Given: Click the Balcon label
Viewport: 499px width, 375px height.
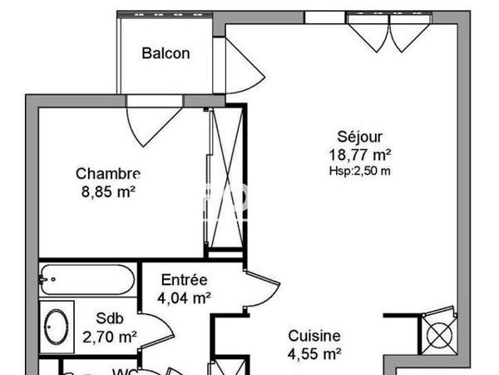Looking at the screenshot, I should [166, 54].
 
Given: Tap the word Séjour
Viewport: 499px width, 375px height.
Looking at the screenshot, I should [356, 137].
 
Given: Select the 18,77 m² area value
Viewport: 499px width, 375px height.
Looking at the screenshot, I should [359, 154].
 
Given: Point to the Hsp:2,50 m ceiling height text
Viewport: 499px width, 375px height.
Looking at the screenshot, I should [359, 171].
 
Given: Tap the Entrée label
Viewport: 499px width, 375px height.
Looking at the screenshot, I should [185, 280].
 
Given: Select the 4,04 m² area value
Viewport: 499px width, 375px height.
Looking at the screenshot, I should [184, 297].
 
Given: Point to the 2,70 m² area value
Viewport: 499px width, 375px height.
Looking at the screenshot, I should [110, 337].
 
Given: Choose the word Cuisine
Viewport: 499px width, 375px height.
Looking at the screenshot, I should [314, 336].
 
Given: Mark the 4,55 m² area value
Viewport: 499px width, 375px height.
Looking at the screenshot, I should [315, 353].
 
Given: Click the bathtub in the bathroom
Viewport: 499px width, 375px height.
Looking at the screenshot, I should [86, 278].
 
